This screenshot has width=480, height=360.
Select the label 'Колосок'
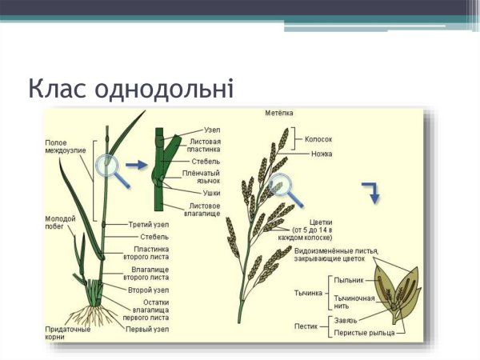(x=318, y=138)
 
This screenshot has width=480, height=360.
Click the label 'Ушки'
(x=212, y=193)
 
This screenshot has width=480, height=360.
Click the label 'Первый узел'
(x=146, y=329)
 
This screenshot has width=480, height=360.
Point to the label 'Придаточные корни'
(x=67, y=333)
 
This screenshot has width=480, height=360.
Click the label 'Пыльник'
(x=349, y=280)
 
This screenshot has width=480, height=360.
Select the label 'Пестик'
(x=306, y=326)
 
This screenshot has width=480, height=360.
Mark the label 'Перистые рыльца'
(x=360, y=333)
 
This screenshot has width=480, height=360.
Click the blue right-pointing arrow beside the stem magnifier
(x=137, y=165)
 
